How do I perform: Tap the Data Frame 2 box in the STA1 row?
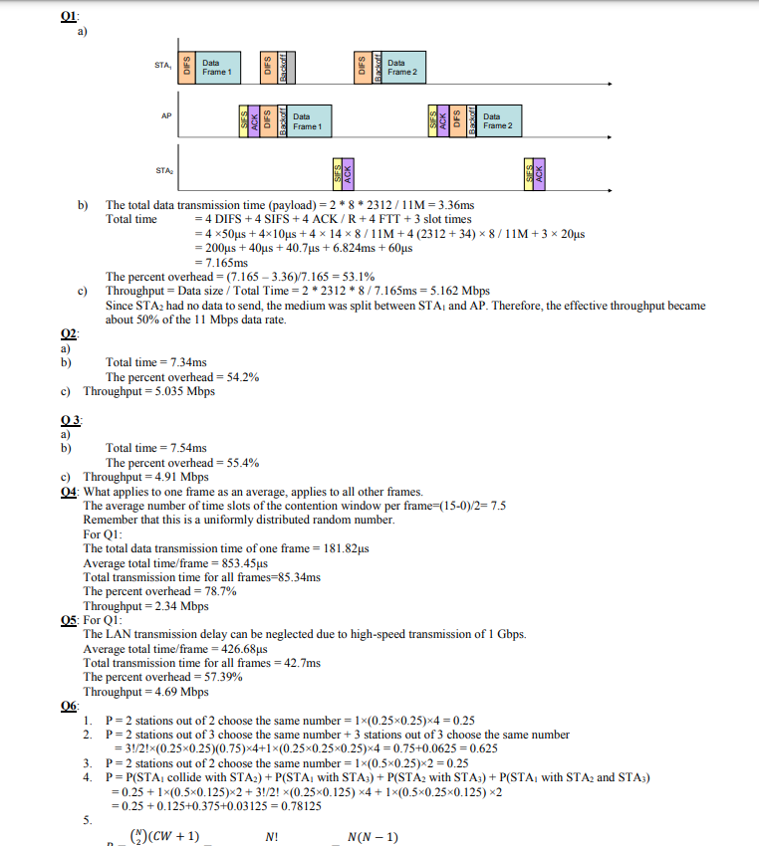[403, 67]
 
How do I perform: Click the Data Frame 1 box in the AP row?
[308, 121]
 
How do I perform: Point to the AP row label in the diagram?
[166, 115]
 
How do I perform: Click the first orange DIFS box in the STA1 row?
[186, 67]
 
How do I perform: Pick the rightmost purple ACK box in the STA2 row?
[539, 171]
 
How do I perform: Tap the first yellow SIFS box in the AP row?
[244, 121]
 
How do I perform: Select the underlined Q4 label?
[71, 492]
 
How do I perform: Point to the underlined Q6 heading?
[69, 705]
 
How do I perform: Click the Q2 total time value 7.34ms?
[183, 362]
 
